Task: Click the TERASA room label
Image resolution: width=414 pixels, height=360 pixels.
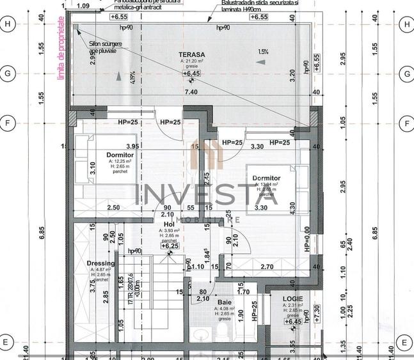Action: point(192,54)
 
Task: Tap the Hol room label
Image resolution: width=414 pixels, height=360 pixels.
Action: point(169,224)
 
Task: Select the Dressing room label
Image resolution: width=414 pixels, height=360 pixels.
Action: point(100,263)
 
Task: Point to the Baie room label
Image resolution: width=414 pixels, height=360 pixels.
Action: point(224,302)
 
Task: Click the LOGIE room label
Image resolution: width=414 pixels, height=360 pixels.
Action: point(294,299)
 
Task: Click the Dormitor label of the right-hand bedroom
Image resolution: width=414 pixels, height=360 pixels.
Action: point(266,178)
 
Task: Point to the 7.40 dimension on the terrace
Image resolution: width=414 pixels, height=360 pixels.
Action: point(191,93)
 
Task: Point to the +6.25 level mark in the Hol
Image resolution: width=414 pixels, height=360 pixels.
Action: point(170,246)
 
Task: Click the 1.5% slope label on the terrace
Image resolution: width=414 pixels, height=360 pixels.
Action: point(263,52)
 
